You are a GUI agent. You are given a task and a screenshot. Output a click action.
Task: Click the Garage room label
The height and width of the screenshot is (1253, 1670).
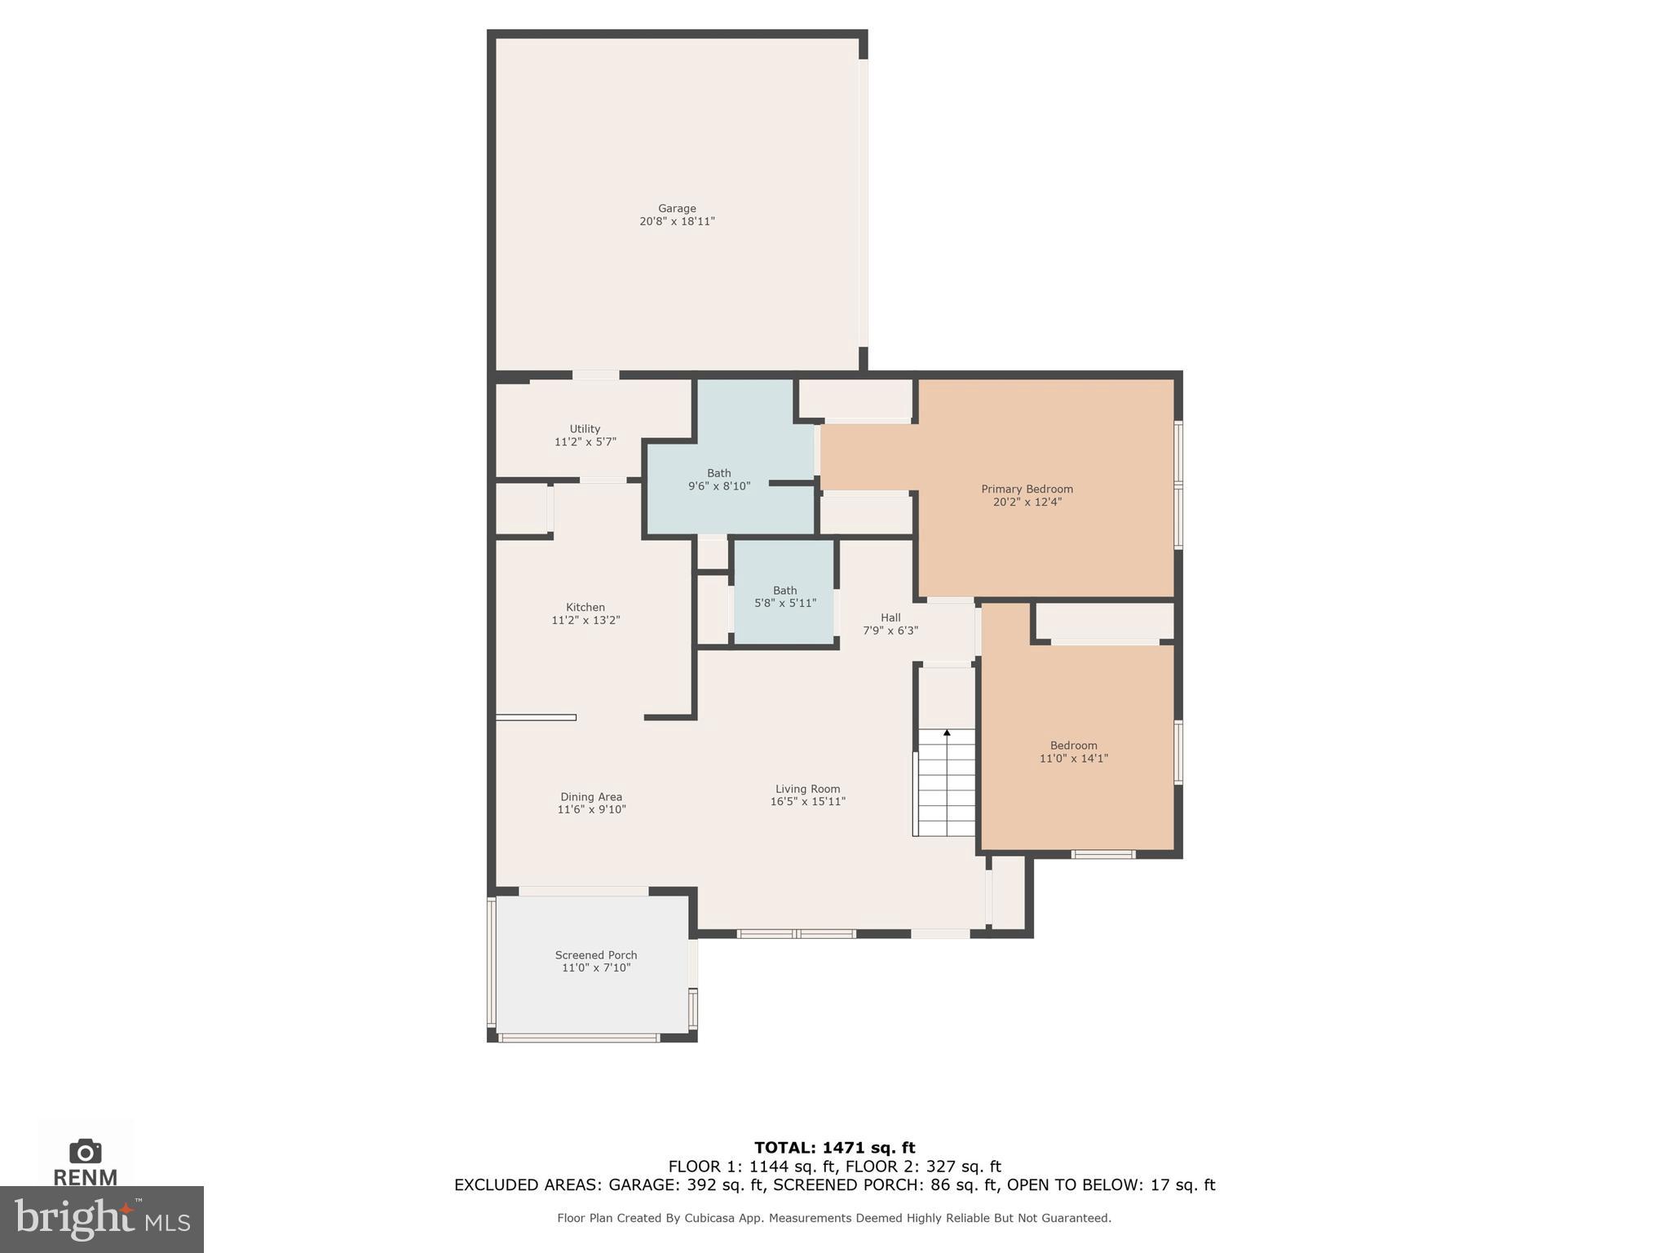tap(677, 209)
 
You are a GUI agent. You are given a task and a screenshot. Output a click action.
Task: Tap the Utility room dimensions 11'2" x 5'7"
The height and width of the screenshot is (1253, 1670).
tap(585, 442)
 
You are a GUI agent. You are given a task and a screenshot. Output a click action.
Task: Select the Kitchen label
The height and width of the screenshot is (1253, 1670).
tap(585, 607)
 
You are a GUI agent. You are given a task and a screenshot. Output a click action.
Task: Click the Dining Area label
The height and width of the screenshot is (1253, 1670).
tap(590, 797)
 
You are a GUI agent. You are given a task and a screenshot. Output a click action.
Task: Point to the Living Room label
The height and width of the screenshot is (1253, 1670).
tap(807, 789)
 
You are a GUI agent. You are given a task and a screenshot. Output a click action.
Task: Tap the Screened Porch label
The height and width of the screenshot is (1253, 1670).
tap(595, 955)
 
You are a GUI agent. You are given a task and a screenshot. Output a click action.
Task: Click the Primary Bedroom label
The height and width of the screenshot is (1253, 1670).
tap(1026, 489)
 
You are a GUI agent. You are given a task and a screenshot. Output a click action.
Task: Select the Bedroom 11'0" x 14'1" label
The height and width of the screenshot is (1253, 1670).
tap(1073, 751)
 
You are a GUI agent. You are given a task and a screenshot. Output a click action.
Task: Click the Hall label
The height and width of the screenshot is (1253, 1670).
tap(890, 618)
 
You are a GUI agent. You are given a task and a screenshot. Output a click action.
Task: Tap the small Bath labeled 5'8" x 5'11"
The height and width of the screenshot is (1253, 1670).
tap(784, 596)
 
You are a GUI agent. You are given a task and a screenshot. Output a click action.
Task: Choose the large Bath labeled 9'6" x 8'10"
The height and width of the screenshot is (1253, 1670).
tap(718, 479)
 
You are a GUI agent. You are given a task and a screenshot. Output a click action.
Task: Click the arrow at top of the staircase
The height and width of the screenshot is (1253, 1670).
tap(947, 733)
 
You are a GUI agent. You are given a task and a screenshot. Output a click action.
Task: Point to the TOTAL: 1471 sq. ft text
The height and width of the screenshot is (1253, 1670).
tap(834, 1148)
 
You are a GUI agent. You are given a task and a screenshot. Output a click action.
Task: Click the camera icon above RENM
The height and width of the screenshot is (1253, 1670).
tap(85, 1151)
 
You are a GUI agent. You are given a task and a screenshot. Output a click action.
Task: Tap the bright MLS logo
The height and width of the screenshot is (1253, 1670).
tap(101, 1219)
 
